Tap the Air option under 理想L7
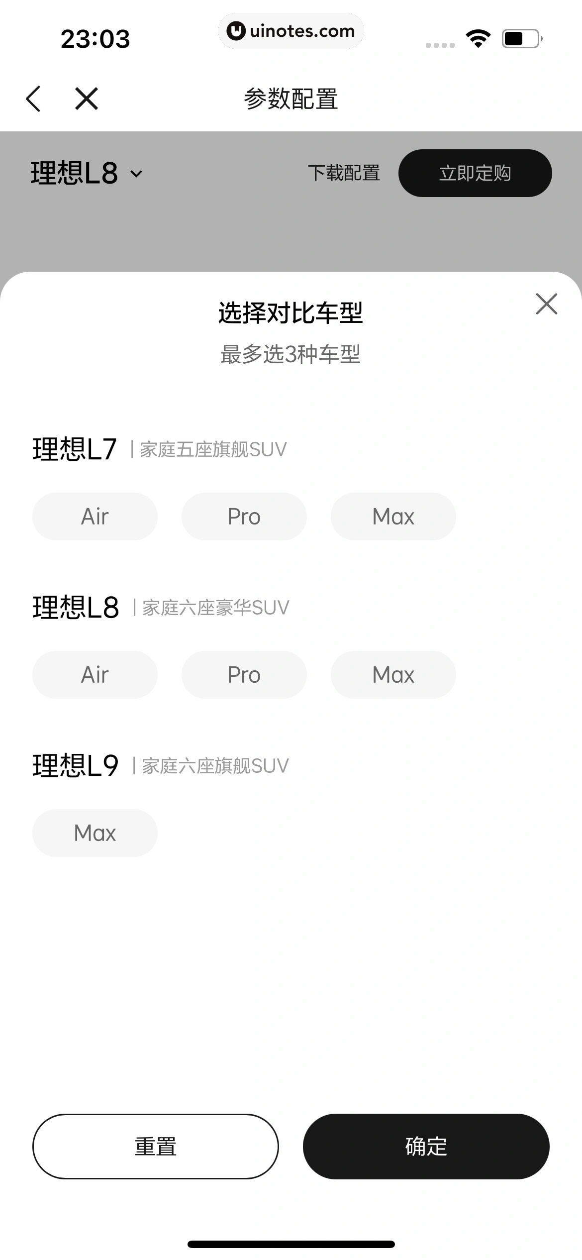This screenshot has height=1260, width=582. (95, 517)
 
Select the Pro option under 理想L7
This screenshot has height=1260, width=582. (244, 517)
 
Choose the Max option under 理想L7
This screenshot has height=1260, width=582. (393, 517)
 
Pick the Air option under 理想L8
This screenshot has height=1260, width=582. (95, 675)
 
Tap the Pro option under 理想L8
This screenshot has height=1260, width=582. (244, 675)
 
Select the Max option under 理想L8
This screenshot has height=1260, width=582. (393, 675)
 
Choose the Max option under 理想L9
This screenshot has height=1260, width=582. (95, 833)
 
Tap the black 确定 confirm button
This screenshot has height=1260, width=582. (426, 1147)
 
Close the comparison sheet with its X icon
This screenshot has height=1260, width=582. (546, 304)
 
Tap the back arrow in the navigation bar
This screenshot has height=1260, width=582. (33, 99)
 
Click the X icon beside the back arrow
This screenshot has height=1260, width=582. (87, 99)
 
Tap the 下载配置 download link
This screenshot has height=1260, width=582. (344, 173)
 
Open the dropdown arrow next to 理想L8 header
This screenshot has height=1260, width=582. (136, 174)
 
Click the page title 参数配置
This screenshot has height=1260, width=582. (291, 99)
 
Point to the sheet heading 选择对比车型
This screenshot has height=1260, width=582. (291, 313)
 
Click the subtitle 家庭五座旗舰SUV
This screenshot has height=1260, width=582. (213, 449)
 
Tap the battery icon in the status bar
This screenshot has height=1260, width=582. (521, 38)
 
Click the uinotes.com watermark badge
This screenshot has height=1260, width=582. (291, 31)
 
